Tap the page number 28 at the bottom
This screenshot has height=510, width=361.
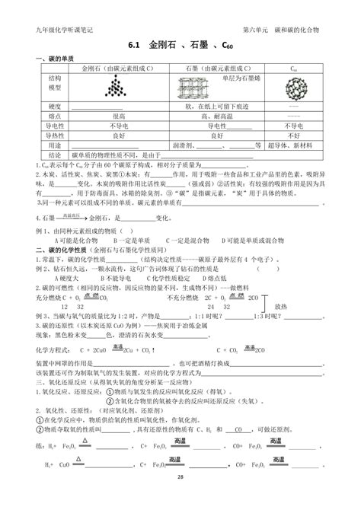(x=180, y=498)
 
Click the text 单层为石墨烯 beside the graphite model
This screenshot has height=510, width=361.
(x=238, y=78)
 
